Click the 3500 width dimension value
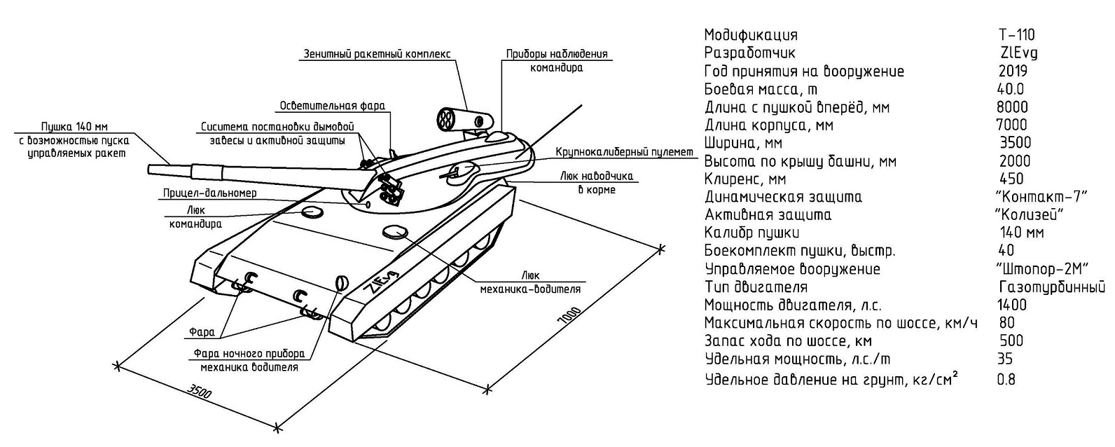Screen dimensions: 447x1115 (200, 393)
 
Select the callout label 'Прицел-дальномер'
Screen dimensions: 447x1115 (209, 193)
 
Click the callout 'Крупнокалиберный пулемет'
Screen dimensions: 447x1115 (624, 152)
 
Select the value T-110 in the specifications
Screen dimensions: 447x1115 (1016, 35)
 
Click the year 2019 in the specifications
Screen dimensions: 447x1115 (1013, 71)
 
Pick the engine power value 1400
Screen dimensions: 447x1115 (1011, 305)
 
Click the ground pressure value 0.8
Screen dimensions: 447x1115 (1006, 380)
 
